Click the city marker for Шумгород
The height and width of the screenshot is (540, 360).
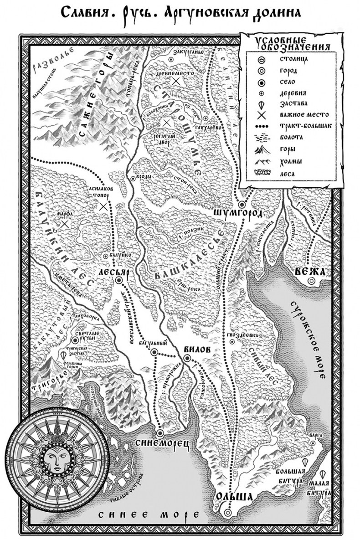coord(242,204)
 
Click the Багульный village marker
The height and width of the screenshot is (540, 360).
coord(154,352)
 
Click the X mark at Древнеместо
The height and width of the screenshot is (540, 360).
coord(175,81)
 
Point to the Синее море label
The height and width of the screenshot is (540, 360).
coord(148,515)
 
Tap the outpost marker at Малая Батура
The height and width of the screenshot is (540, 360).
coord(323,474)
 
